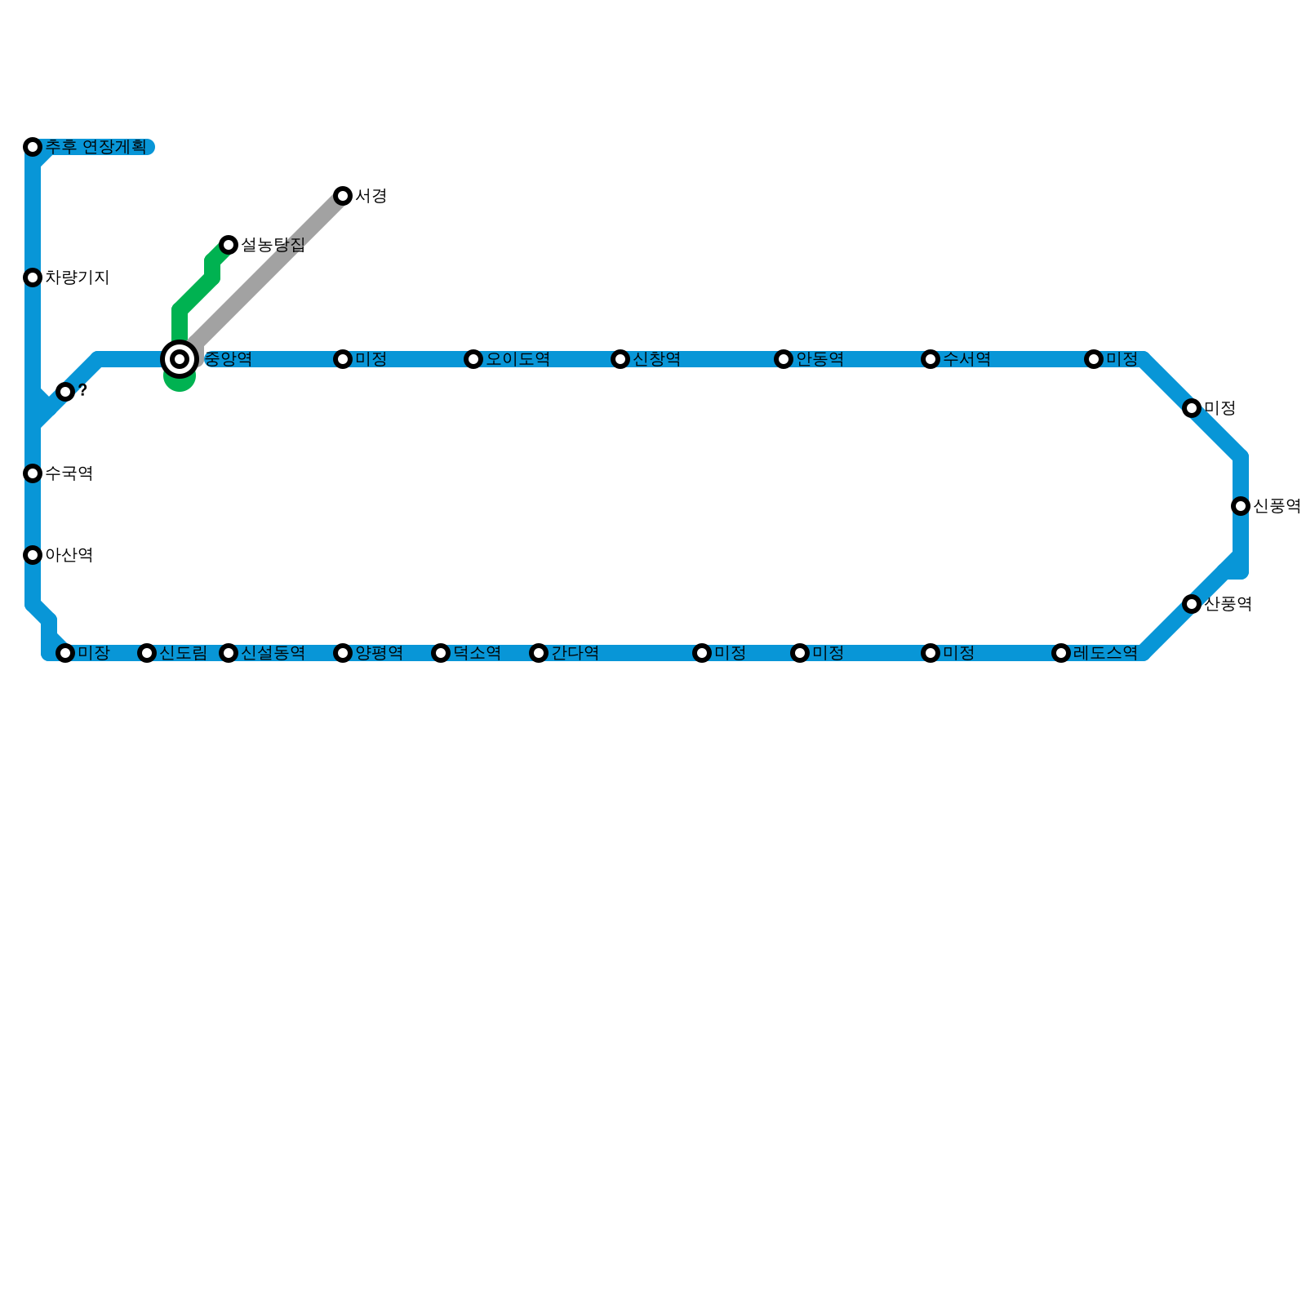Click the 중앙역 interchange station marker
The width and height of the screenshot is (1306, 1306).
click(180, 359)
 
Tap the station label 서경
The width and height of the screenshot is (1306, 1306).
click(371, 196)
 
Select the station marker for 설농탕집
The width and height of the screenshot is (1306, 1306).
click(229, 245)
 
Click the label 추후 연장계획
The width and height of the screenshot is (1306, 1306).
click(96, 147)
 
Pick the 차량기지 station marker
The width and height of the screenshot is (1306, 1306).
click(33, 278)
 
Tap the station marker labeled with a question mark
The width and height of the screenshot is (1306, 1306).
click(65, 392)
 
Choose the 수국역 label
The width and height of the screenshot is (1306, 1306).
click(69, 473)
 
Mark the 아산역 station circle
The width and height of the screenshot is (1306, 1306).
click(33, 555)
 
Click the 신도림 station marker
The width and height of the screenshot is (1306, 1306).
click(147, 653)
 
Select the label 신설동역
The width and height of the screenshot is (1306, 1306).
click(273, 653)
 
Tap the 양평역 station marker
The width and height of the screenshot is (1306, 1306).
click(343, 653)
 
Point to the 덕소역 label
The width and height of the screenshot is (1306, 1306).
click(477, 653)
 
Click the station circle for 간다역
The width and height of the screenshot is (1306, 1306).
click(539, 653)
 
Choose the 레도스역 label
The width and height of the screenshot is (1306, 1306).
click(1105, 653)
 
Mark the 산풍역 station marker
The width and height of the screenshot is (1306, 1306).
click(1192, 604)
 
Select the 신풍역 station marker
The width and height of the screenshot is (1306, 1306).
click(1241, 506)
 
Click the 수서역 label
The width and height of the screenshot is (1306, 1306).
click(966, 359)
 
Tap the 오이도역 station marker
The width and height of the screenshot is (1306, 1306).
click(473, 359)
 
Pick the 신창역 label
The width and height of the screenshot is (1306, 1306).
click(656, 359)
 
